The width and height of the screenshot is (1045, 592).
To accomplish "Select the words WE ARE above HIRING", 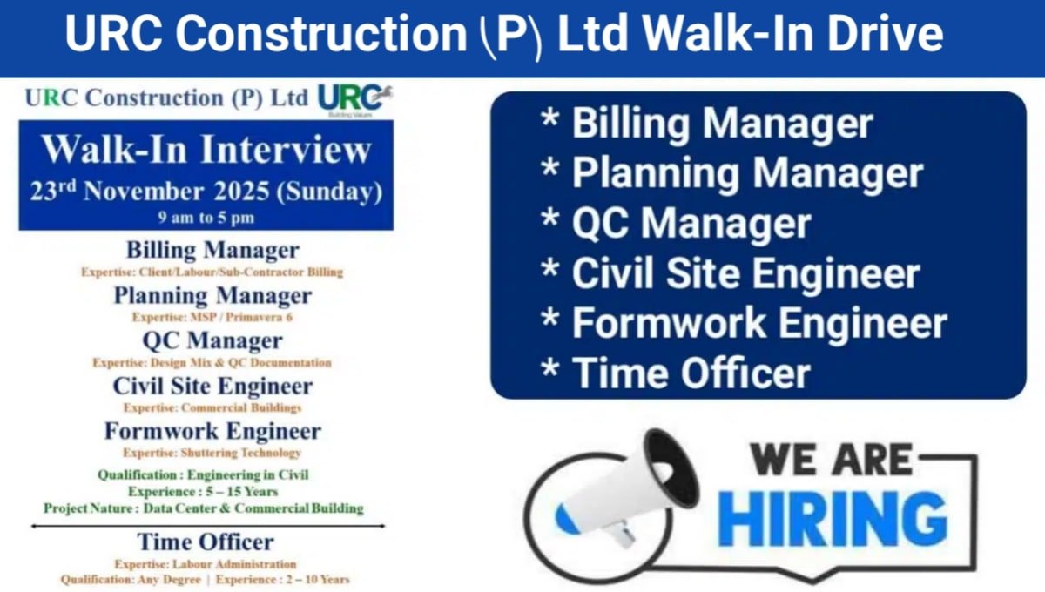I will tap(831, 459).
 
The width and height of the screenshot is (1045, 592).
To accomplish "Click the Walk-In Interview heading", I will tap(206, 150).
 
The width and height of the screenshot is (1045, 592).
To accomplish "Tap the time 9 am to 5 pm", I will tap(206, 217).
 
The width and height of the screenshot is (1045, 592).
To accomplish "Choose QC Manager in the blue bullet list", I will tap(691, 224).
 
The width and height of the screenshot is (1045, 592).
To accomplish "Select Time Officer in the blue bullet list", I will tap(691, 373).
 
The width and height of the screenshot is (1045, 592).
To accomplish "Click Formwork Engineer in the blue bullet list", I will tap(758, 323).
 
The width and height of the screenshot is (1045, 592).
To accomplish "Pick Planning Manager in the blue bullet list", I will tap(746, 173).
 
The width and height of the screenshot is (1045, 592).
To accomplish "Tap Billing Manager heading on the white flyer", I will tap(212, 251).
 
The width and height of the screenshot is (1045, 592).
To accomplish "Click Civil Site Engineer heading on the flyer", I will tap(212, 386).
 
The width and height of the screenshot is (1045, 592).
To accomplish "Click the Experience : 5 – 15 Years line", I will tap(203, 492).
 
